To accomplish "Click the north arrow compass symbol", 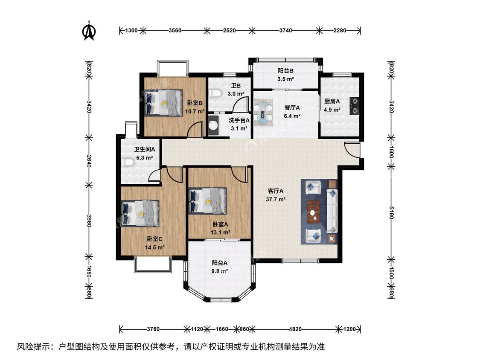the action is pyautogui.click(x=89, y=31).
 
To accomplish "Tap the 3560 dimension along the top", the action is pyautogui.click(x=175, y=30).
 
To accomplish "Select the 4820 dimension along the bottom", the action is pyautogui.click(x=295, y=329).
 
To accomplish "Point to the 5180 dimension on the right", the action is pyautogui.click(x=391, y=213).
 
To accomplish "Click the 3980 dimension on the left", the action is pyautogui.click(x=89, y=221).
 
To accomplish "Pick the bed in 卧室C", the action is pyautogui.click(x=140, y=213).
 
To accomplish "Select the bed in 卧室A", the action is pyautogui.click(x=208, y=200).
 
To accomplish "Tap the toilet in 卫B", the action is pyautogui.click(x=216, y=93).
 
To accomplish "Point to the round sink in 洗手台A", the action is pyautogui.click(x=213, y=125).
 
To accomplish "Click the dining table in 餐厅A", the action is pyautogui.click(x=263, y=112).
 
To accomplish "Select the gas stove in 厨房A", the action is pyautogui.click(x=355, y=106).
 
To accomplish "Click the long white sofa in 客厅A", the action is pyautogui.click(x=332, y=211).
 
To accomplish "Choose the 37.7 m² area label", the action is pyautogui.click(x=276, y=199).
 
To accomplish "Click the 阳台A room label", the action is pyautogui.click(x=220, y=263).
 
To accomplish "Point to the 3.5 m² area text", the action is pyautogui.click(x=286, y=79).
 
